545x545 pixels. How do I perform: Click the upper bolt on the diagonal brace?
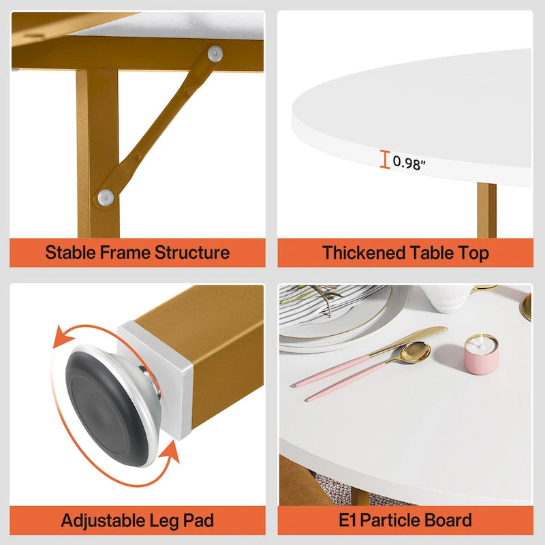[215, 51]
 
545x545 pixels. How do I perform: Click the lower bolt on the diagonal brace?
[105, 197]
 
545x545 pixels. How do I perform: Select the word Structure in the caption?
[193, 253]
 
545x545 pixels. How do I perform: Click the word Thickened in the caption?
[364, 253]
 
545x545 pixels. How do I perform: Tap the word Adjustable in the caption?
[103, 521]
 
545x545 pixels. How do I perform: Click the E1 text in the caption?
[348, 521]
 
